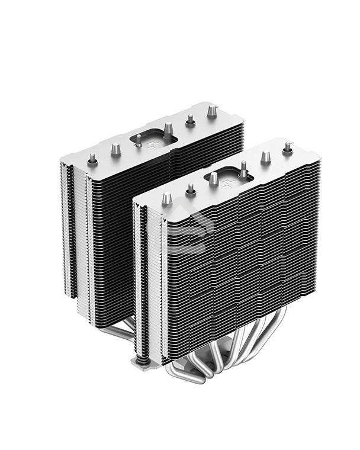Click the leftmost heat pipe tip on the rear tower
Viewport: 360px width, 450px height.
pos(92,159)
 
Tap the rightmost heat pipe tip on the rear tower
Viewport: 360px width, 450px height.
pos(211,111)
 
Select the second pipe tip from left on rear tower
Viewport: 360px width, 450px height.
pos(115,149)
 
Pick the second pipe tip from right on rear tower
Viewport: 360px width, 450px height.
pos(191,120)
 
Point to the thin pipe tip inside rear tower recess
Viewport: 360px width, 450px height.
pos(138,140)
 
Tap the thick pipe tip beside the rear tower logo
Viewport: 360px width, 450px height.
pos(169,128)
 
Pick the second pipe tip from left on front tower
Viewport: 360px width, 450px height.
pos(191,189)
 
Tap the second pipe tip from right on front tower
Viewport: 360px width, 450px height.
pos(266,156)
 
